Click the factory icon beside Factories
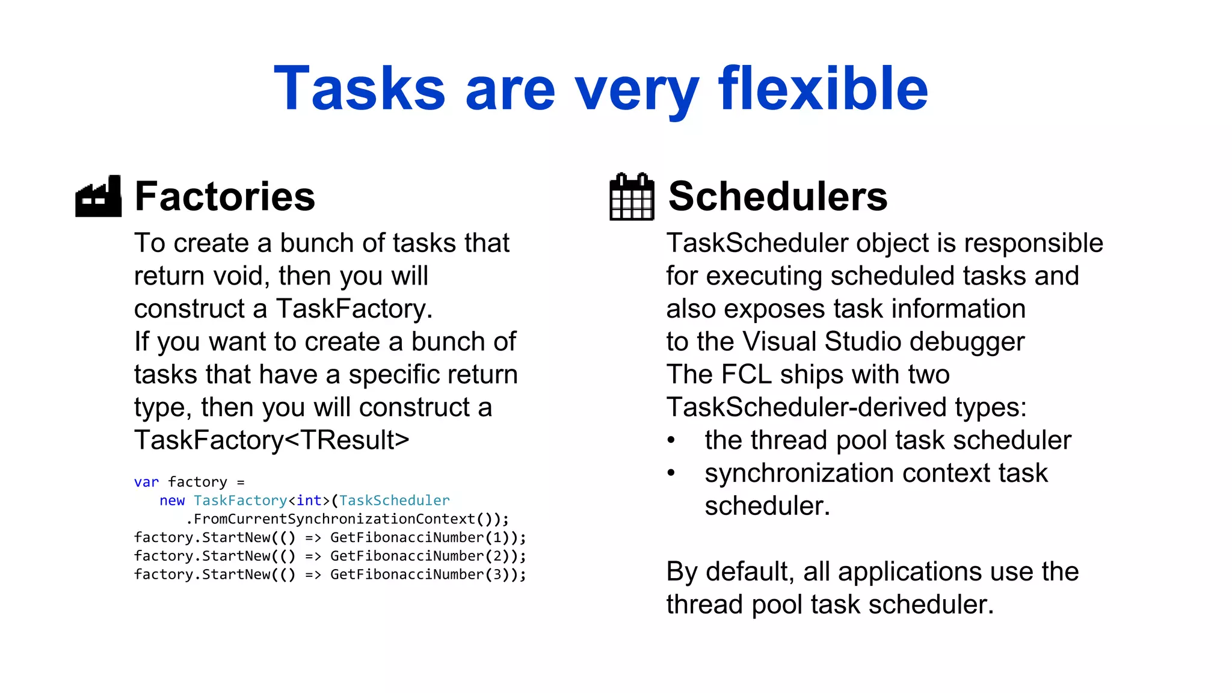pos(99,197)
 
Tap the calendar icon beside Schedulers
pos(631,197)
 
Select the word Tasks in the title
pos(360,89)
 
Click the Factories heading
pos(224,197)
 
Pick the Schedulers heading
pos(777,197)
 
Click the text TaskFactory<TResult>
pos(271,440)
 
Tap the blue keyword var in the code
pos(146,482)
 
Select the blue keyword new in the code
pos(172,501)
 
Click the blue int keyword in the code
pos(309,501)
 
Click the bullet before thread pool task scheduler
pos(671,440)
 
